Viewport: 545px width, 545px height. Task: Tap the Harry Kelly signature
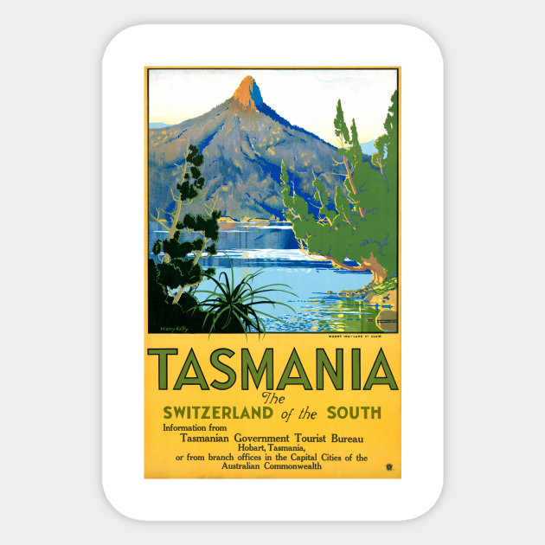[174, 328]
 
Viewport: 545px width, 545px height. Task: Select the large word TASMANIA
[272, 369]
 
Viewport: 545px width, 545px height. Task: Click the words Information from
[198, 427]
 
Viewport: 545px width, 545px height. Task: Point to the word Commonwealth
[292, 466]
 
